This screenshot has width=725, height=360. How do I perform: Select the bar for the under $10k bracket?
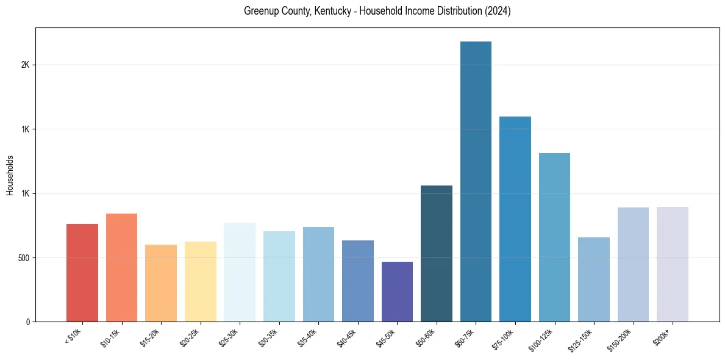pyautogui.click(x=82, y=273)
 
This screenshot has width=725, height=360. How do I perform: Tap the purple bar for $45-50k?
pyautogui.click(x=397, y=292)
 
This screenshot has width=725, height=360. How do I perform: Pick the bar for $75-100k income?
pyautogui.click(x=515, y=219)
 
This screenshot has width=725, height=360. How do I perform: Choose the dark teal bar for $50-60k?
pyautogui.click(x=437, y=253)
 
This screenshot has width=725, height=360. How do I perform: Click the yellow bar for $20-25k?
pyautogui.click(x=201, y=281)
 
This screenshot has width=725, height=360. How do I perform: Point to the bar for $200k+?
pyautogui.click(x=673, y=264)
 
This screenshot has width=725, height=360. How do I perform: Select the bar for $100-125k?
pyautogui.click(x=554, y=237)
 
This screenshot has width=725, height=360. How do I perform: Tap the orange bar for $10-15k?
pyautogui.click(x=121, y=267)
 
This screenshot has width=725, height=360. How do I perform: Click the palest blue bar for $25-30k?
pyautogui.click(x=240, y=272)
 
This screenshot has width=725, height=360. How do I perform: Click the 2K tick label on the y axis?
pyautogui.click(x=26, y=65)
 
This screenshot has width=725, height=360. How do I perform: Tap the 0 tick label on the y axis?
pyautogui.click(x=27, y=322)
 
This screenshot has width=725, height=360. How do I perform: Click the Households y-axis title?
pyautogui.click(x=10, y=175)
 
